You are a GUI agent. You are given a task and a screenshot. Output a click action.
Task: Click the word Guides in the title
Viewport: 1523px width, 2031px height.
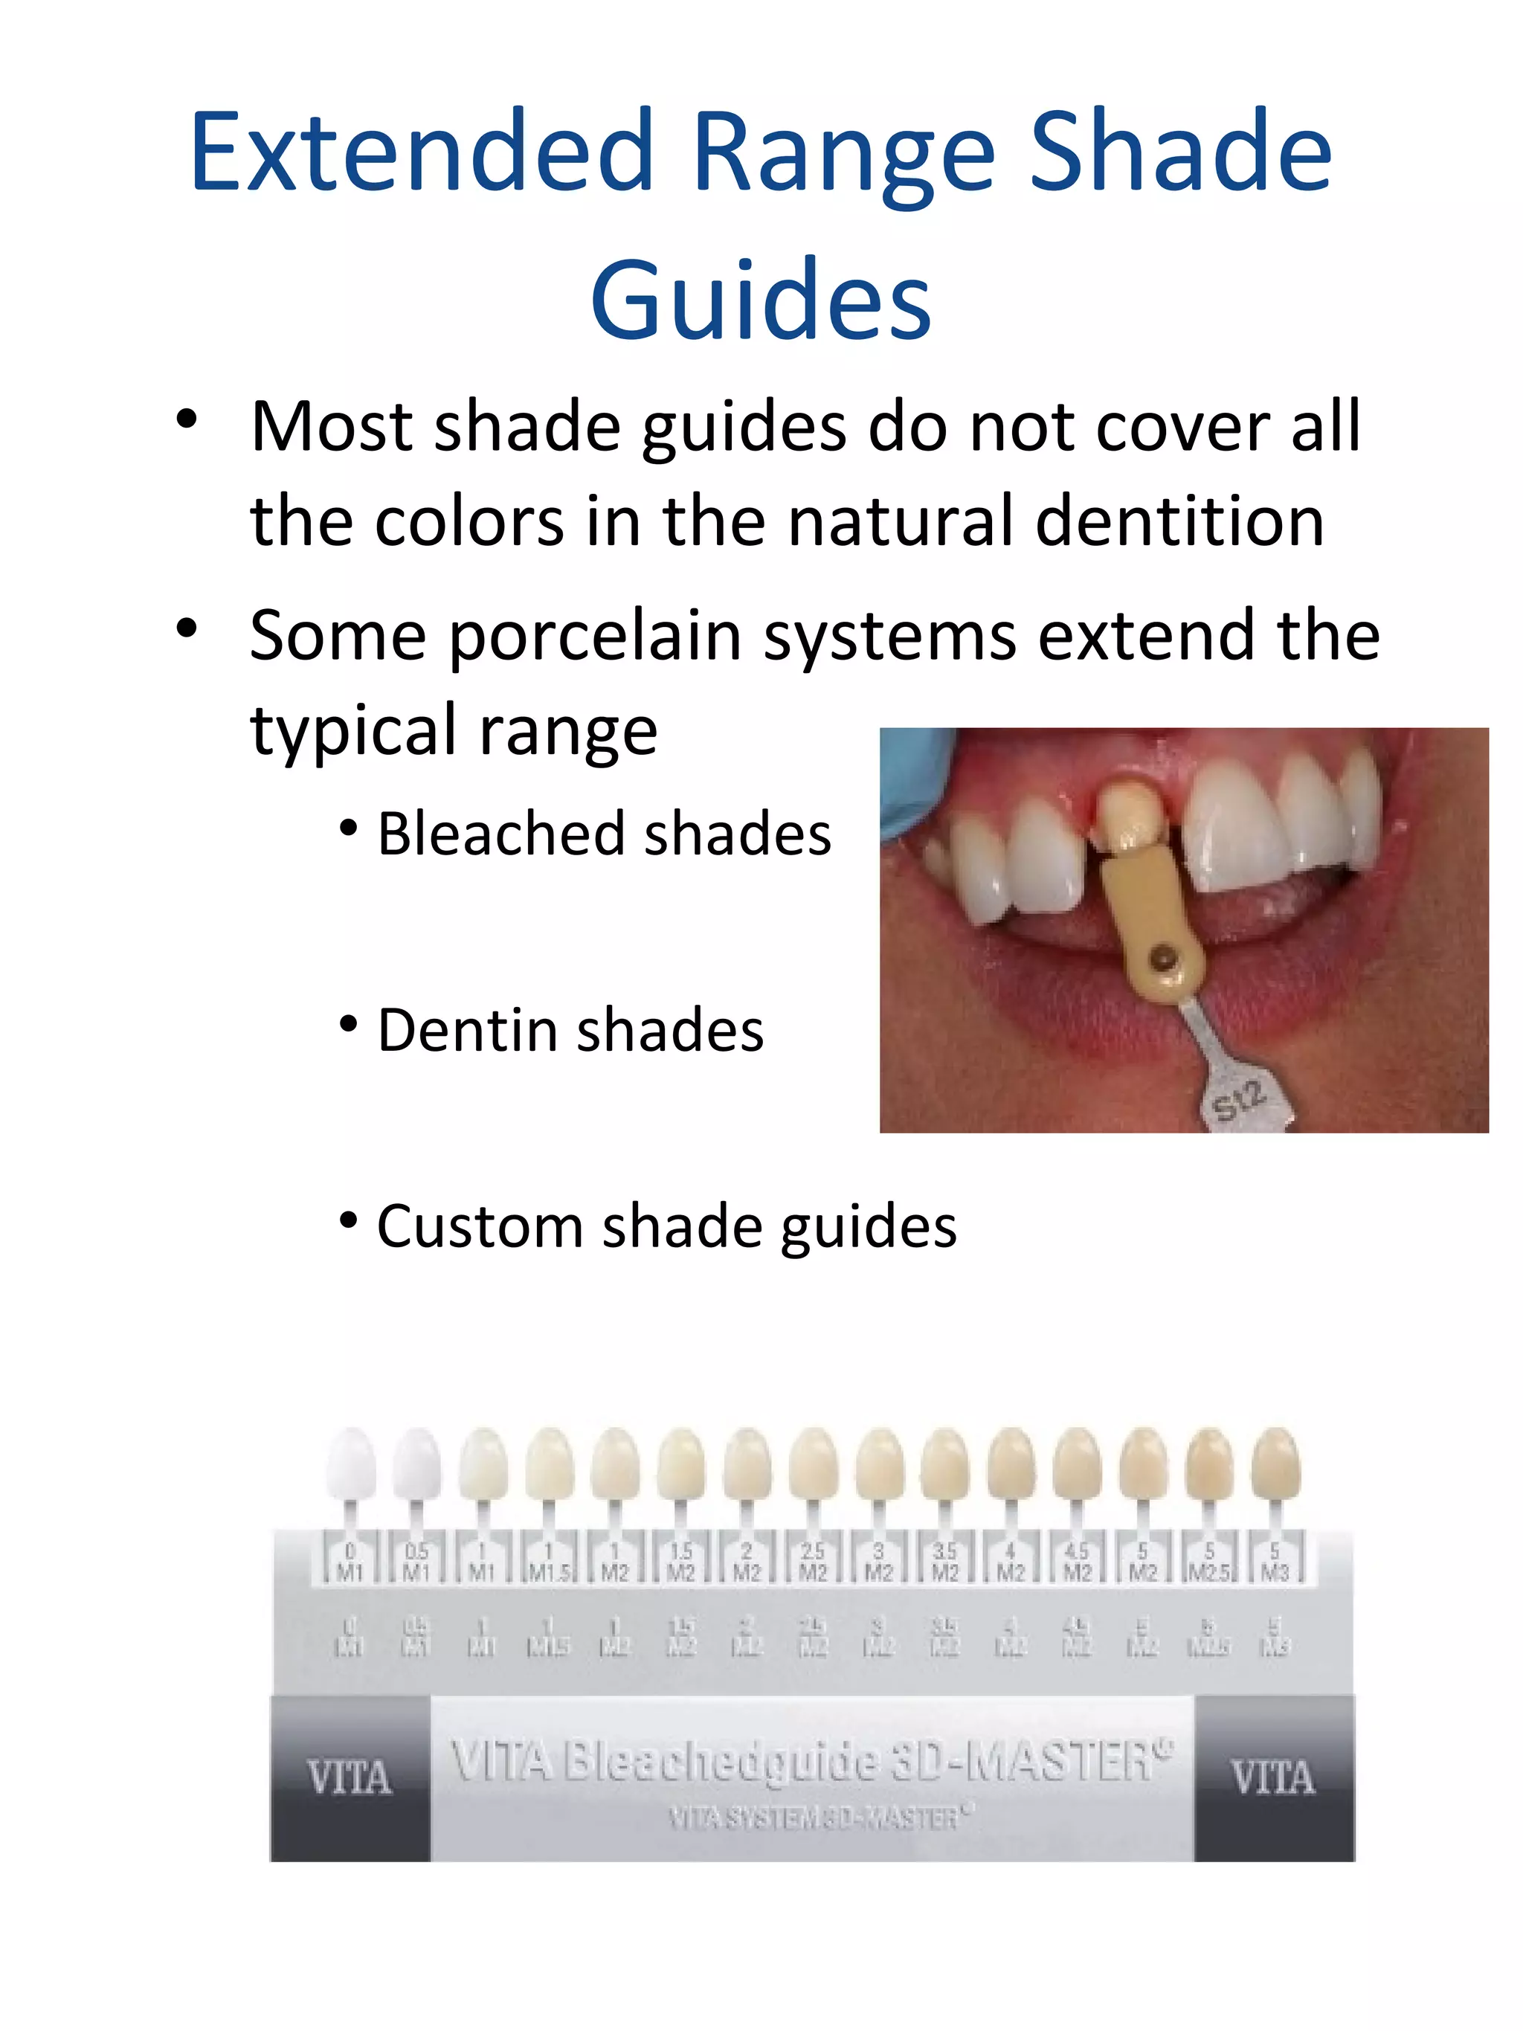coord(761,301)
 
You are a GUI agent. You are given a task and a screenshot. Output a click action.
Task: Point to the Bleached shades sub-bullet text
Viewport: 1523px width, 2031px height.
coord(604,834)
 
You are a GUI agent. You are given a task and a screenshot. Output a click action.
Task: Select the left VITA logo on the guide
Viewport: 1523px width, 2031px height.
coord(350,1777)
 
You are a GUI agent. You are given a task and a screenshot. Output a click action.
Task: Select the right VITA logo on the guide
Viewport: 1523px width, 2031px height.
coord(1273,1777)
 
